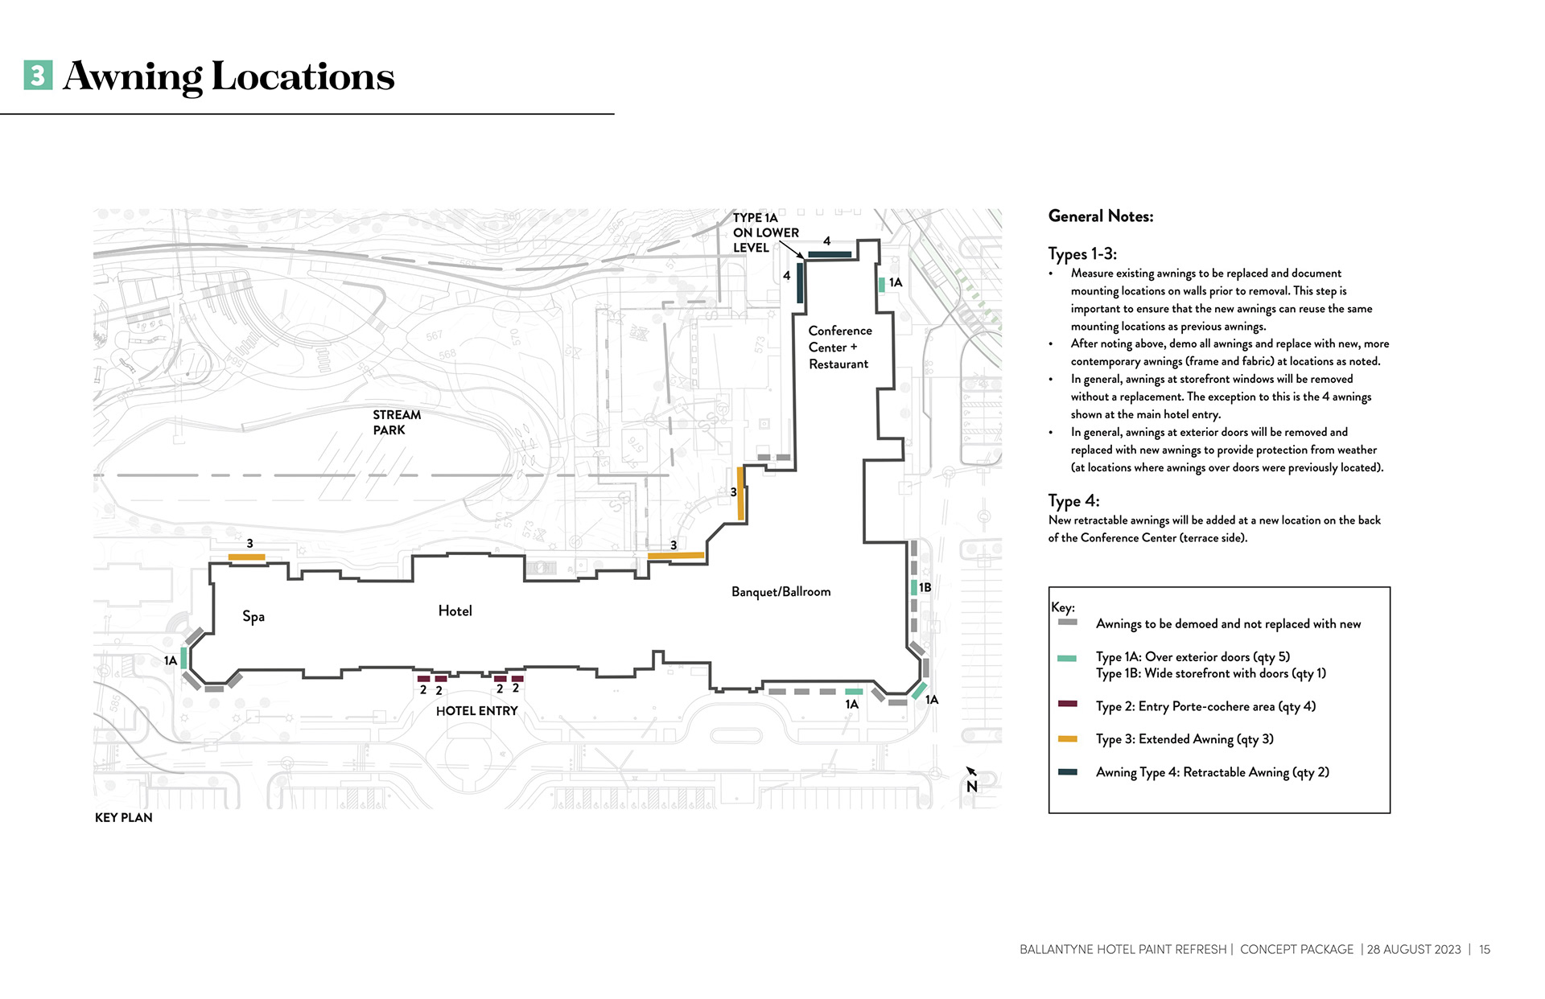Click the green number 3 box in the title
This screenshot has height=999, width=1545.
[x=39, y=76]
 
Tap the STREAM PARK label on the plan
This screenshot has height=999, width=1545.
[x=397, y=422]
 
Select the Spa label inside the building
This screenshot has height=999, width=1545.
[x=253, y=617]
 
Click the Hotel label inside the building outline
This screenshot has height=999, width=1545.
[x=455, y=611]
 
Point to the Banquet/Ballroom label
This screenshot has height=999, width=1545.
[x=781, y=592]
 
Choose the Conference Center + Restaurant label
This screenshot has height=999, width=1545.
[x=839, y=347]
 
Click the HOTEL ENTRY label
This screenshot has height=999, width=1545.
[x=476, y=711]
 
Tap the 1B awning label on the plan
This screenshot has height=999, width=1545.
[x=925, y=588]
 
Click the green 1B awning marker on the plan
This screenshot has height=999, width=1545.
[x=914, y=587]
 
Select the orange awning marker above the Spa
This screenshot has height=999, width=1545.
[x=246, y=557]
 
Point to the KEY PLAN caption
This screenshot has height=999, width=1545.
[x=124, y=818]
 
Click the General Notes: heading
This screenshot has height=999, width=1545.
[x=1101, y=216]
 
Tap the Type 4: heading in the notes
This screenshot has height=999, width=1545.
[x=1073, y=501]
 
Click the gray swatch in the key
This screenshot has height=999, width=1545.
[x=1067, y=623]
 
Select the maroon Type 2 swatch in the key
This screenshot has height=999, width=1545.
[x=1067, y=704]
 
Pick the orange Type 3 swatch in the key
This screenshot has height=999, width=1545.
[x=1067, y=738]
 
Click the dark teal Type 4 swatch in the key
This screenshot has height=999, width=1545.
[x=1067, y=772]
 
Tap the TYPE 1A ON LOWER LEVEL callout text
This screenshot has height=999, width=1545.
[x=765, y=233]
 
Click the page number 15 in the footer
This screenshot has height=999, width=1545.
[x=1485, y=950]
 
